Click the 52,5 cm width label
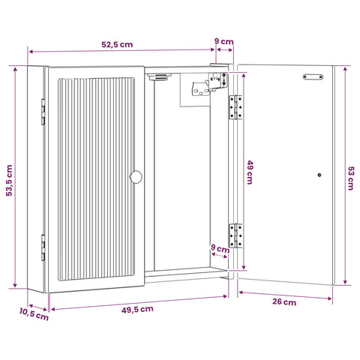point(117,44)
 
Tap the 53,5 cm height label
point(9,180)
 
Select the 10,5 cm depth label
point(34,314)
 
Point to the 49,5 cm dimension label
point(137,309)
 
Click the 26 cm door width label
point(284,301)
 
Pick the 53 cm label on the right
point(351,178)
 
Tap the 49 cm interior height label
point(250,172)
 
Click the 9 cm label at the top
point(224,41)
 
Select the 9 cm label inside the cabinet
point(220,249)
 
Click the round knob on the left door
point(136,177)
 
